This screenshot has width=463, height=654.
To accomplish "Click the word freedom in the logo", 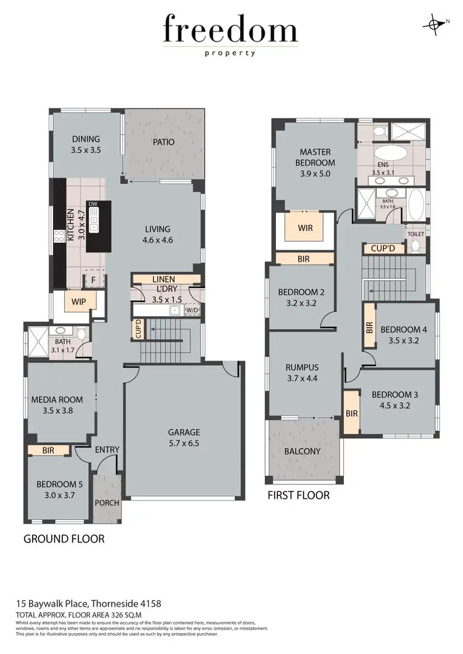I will coord(230,30).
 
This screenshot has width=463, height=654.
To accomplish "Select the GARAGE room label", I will coord(185,432).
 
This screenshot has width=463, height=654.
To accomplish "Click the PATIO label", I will coord(163,142).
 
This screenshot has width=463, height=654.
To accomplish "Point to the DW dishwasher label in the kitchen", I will coord(93,204).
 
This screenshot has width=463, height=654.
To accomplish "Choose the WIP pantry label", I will coord(78,302).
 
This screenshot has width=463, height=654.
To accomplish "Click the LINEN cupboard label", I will coord(163,279).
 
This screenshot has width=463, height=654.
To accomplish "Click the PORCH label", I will coord(106,502).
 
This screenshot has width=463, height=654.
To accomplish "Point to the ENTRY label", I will coord(107,450).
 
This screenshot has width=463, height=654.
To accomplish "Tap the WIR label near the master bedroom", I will coord(305,228).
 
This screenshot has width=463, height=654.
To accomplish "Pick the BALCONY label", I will coord(302,451).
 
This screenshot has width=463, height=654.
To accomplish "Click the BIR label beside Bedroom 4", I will coord(369,327).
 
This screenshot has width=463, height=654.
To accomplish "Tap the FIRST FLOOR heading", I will coord(299,495).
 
